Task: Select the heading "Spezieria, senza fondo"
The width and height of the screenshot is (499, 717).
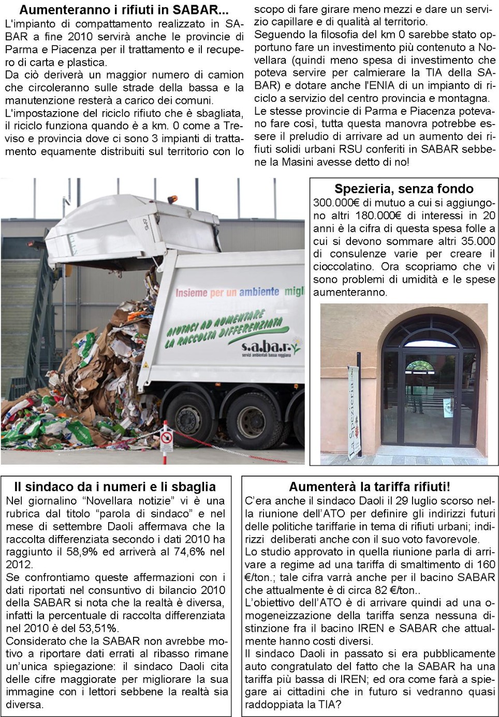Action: click(x=404, y=189)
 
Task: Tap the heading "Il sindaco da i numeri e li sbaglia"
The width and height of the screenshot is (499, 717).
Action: click(x=114, y=486)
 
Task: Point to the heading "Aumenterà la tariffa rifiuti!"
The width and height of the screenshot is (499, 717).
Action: click(x=369, y=486)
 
